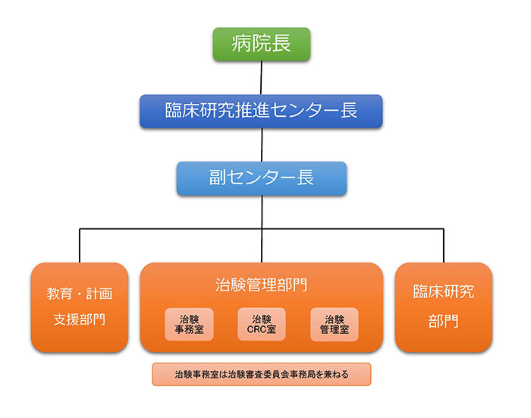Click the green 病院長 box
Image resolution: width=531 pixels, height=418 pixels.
262,43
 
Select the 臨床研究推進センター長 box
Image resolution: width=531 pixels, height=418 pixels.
261,110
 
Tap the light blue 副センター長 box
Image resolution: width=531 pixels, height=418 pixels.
262,178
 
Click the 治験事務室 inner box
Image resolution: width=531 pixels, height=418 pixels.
190,325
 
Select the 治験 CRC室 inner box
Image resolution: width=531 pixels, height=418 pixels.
262,325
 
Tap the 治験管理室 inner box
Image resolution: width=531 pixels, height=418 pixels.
334,325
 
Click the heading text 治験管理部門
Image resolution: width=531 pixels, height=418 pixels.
262,286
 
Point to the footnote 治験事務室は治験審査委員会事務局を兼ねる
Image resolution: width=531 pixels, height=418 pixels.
262,374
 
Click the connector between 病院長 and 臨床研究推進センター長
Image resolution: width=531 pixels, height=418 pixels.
262,77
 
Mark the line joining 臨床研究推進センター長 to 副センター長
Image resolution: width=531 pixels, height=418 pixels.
262,144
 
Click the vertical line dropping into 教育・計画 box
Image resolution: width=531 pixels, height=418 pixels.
80,244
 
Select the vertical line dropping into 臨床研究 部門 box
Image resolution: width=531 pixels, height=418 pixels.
444,244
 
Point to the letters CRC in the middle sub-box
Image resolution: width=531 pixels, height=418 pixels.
256,330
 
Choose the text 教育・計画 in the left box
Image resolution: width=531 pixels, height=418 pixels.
80,293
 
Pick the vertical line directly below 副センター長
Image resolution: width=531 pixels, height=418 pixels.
262,211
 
